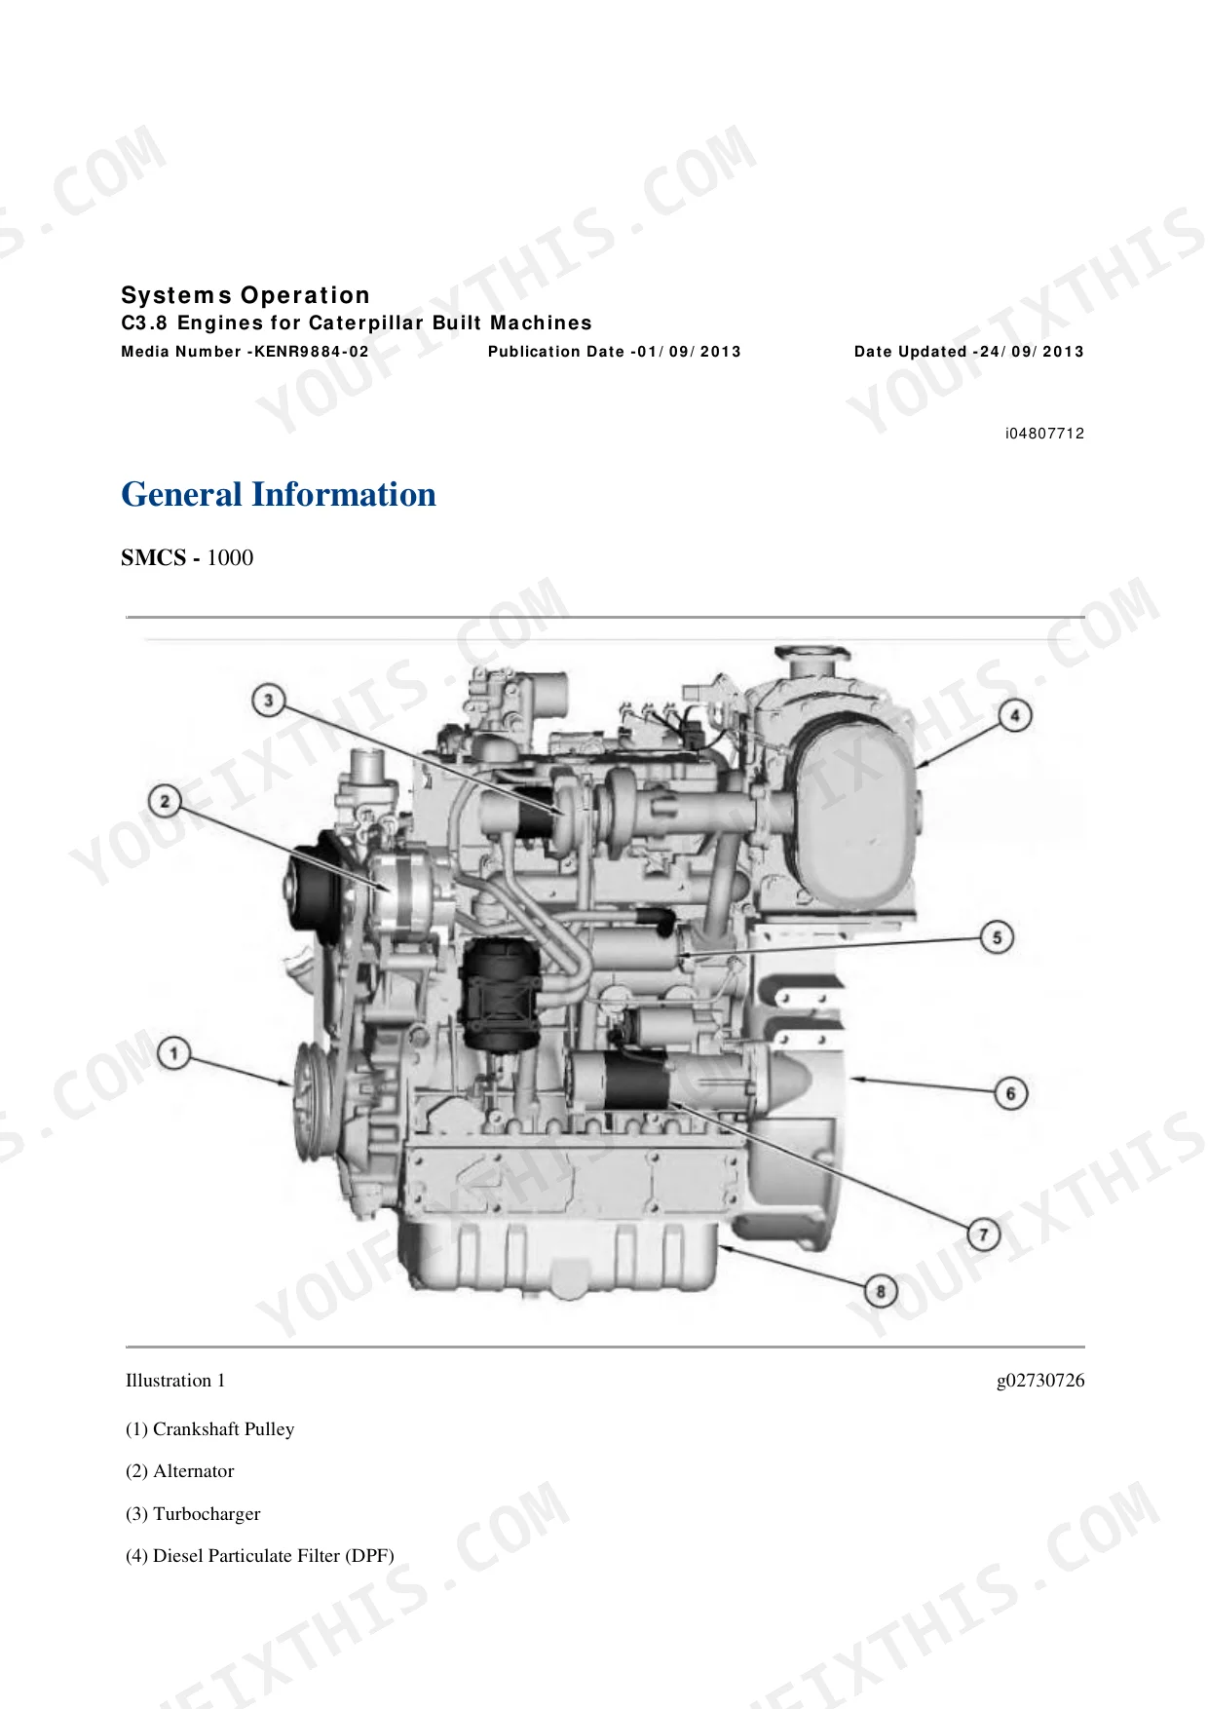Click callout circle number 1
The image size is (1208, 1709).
(x=173, y=1054)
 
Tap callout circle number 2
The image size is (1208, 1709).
(x=165, y=801)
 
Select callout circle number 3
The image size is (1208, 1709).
(x=268, y=700)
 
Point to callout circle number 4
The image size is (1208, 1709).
(x=1015, y=716)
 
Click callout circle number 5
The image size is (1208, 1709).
(x=997, y=937)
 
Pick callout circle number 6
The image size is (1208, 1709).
(x=1010, y=1092)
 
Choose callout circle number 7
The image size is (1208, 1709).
(x=984, y=1235)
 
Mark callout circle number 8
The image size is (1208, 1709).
(x=882, y=1292)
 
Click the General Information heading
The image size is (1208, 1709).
(x=279, y=494)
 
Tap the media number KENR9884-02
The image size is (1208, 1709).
(x=312, y=352)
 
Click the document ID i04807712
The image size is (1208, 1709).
(x=1045, y=434)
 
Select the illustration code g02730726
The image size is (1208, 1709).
(x=1040, y=1381)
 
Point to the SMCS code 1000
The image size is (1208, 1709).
(x=230, y=557)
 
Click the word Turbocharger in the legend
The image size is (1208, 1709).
(x=207, y=1514)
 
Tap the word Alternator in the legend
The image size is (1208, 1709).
(x=194, y=1471)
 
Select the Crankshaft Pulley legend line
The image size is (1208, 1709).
(x=209, y=1429)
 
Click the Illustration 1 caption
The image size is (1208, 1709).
(x=175, y=1381)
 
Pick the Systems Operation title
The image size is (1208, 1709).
(x=245, y=295)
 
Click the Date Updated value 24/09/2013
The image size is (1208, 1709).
(x=1032, y=352)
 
